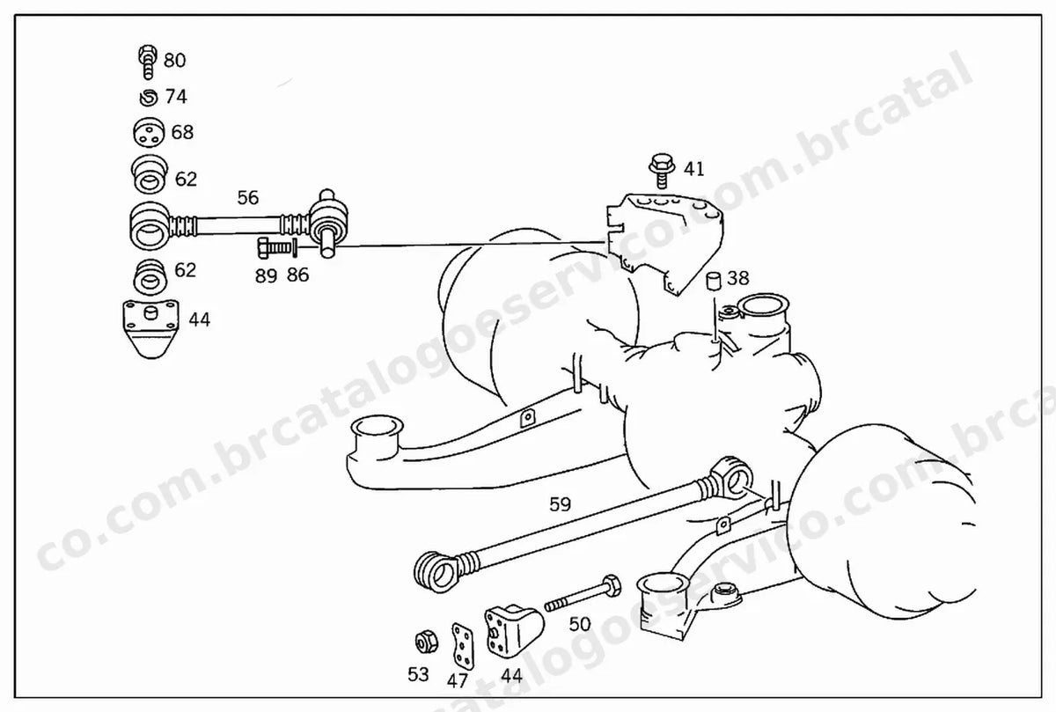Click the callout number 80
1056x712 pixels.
(x=174, y=61)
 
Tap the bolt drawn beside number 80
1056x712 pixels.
(x=148, y=62)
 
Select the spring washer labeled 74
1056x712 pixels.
(x=149, y=98)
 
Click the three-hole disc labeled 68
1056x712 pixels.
(x=149, y=133)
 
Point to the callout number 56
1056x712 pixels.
(x=248, y=197)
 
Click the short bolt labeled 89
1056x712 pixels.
(x=275, y=247)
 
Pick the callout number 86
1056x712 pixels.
(x=298, y=275)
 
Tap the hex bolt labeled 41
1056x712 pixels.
(x=662, y=170)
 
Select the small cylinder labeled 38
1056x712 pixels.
(x=714, y=282)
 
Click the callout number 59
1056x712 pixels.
(x=560, y=504)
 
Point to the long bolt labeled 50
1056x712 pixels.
(x=583, y=594)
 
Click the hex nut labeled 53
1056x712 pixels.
(x=427, y=642)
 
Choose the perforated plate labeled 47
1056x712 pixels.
(x=463, y=646)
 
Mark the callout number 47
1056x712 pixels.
(x=458, y=681)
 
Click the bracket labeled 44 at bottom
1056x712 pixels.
(x=514, y=632)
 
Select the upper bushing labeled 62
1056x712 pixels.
(x=150, y=174)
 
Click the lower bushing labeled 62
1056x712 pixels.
(x=150, y=278)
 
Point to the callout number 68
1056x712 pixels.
(x=182, y=133)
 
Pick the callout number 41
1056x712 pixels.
(x=694, y=169)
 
